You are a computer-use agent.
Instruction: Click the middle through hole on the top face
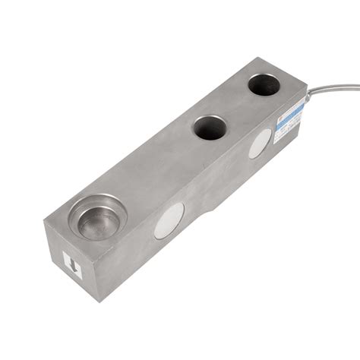[x=208, y=127]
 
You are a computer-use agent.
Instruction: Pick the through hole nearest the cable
[x=264, y=84]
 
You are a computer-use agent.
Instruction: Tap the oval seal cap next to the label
[x=259, y=143]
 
